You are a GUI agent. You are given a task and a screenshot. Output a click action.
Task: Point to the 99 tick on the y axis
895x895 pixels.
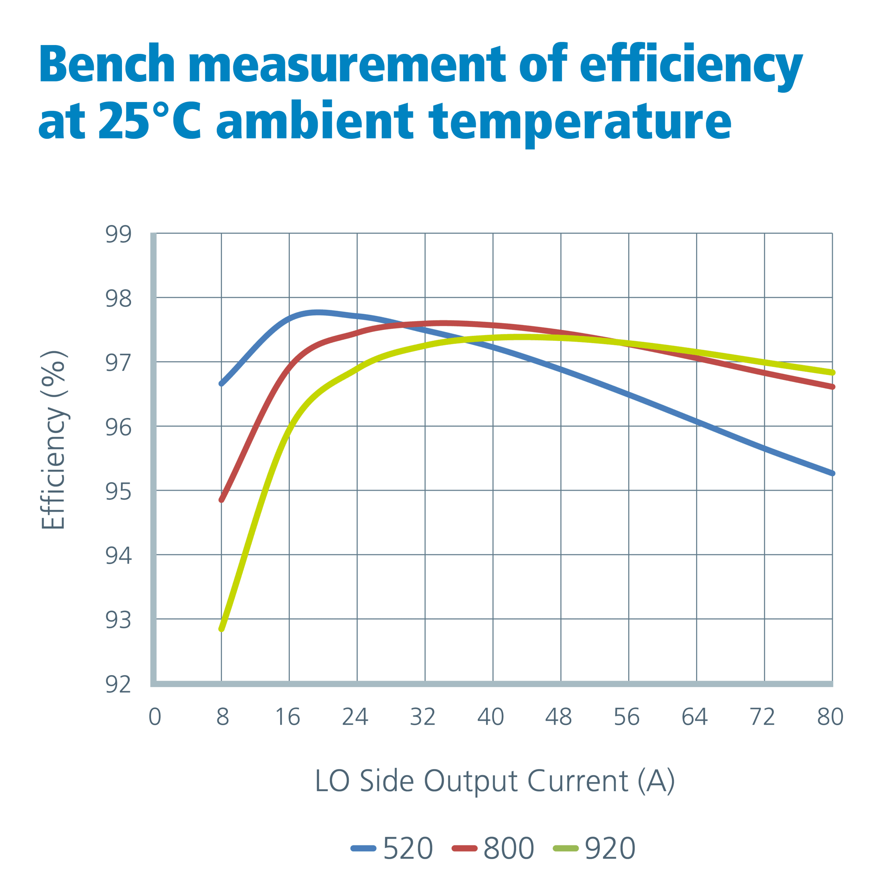click(x=119, y=234)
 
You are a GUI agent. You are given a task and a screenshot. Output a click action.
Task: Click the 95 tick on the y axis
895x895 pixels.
click(x=119, y=492)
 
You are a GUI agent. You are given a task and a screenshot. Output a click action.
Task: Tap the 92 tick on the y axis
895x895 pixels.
click(x=119, y=685)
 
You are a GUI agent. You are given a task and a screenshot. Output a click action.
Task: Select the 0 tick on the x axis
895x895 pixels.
click(x=155, y=717)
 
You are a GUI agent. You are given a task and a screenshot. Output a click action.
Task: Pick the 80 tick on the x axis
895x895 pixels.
click(x=830, y=717)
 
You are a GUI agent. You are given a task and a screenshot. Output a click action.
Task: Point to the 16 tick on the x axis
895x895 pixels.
click(x=288, y=717)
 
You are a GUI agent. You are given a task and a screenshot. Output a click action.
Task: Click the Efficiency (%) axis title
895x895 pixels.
click(x=54, y=440)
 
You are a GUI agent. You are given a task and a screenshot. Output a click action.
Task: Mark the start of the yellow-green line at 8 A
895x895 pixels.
click(x=221, y=629)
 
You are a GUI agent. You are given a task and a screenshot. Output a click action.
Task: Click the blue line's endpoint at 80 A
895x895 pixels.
click(x=832, y=473)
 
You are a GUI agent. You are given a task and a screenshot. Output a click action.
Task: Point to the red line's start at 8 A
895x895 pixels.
click(x=221, y=500)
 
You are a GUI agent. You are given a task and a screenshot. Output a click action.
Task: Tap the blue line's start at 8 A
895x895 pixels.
click(x=221, y=384)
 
